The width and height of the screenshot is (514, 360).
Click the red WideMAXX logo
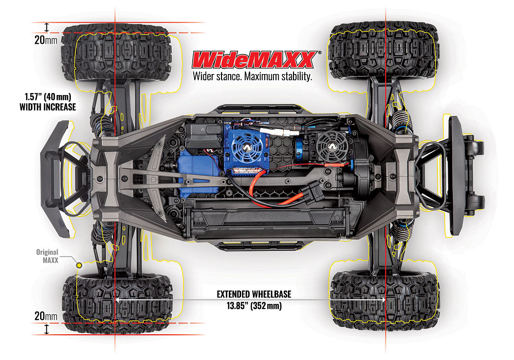[255, 60]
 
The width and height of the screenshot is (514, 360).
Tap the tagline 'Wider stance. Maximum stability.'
[252, 77]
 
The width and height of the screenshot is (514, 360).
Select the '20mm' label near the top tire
[46, 40]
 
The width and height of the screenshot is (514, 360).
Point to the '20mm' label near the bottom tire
[46, 316]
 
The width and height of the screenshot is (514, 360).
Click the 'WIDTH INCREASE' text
[48, 107]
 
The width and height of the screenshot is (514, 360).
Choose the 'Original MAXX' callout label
[47, 256]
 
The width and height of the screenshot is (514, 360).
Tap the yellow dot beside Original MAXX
[79, 265]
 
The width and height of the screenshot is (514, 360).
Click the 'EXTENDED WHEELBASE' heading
[254, 294]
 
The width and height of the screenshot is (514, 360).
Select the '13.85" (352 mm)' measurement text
[254, 306]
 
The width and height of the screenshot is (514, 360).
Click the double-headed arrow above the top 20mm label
[47, 28]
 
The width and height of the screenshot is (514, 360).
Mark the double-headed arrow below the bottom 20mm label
[47, 329]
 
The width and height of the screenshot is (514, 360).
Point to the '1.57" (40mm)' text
[48, 97]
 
